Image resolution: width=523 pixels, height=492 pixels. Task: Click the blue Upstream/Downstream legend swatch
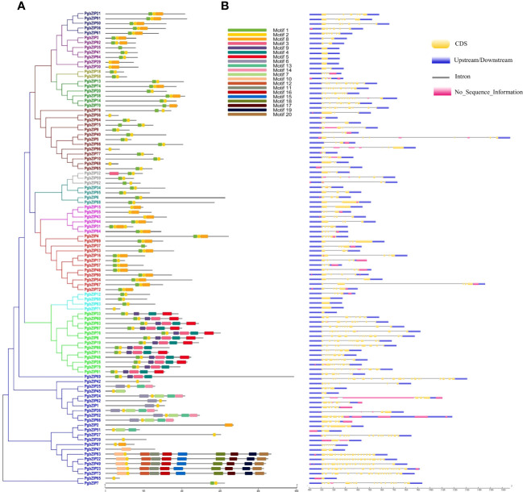[x=440, y=60]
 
